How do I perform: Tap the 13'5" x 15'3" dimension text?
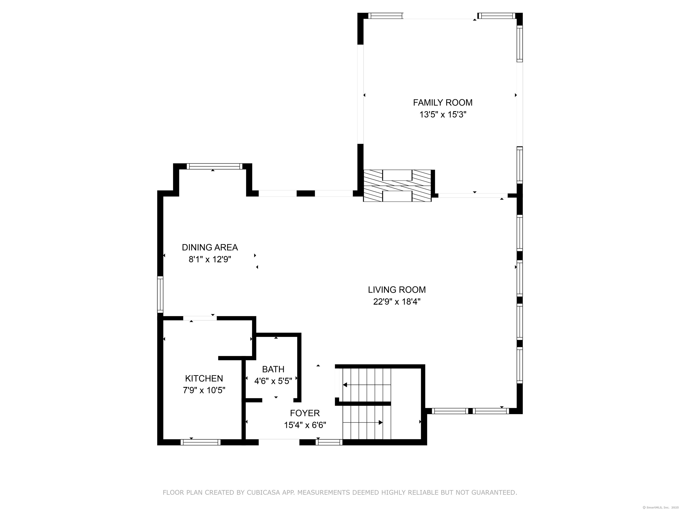(x=443, y=115)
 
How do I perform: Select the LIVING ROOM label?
(x=397, y=290)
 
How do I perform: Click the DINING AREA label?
(x=210, y=247)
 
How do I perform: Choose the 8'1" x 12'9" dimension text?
(x=210, y=259)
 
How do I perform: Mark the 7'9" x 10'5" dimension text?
(x=204, y=390)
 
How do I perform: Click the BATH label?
(x=273, y=369)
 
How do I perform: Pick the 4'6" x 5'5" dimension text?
(x=273, y=381)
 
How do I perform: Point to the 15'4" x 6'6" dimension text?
(x=305, y=425)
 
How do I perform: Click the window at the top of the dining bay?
(x=214, y=166)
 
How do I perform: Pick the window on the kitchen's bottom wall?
(x=200, y=442)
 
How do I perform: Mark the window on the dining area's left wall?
(x=160, y=294)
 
